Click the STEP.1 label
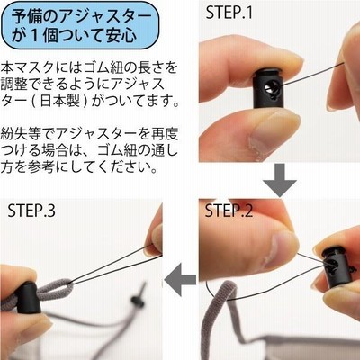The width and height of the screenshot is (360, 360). click(229, 13)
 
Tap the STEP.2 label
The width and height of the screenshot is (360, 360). click(229, 211)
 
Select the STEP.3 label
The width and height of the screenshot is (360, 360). click(31, 211)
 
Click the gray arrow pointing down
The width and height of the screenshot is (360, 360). click(280, 180)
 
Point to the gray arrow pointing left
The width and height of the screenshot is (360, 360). click(180, 279)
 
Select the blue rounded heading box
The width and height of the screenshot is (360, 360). click(80, 25)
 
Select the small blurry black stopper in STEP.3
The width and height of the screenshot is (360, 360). click(139, 297)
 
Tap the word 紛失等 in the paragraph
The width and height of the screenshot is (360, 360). click(21, 134)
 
